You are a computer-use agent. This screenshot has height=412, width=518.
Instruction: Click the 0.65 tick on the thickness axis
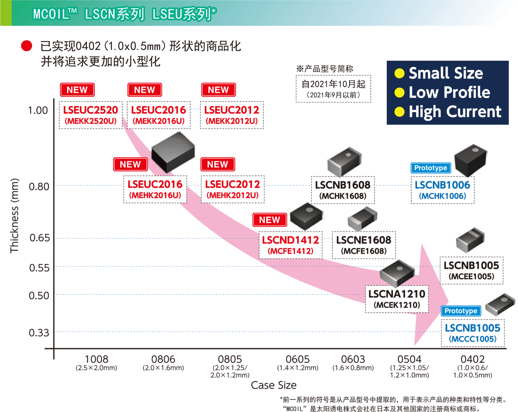[x=40, y=238]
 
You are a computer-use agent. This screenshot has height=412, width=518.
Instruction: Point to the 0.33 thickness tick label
[x=39, y=333]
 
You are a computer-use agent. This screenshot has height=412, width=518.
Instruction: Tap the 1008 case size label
[x=96, y=359]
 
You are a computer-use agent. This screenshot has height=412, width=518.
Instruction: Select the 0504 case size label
[x=409, y=359]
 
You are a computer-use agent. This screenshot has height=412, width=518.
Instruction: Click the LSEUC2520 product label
[x=90, y=110]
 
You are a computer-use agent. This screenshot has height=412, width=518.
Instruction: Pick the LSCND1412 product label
[x=290, y=240]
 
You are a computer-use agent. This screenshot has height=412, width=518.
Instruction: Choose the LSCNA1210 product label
[x=397, y=294]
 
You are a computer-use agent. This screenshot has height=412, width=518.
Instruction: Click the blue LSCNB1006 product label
[x=442, y=185]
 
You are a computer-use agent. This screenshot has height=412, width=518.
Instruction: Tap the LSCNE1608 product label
[x=363, y=240]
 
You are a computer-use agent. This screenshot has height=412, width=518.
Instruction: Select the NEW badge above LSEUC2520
[x=77, y=90]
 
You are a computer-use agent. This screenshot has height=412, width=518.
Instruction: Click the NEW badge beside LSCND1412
[x=270, y=220]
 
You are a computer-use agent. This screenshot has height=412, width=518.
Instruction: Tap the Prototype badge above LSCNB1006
[x=431, y=168]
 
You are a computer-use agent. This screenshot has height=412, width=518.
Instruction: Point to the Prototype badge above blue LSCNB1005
[x=461, y=311]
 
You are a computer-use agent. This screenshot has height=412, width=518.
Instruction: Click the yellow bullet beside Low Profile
[x=399, y=93]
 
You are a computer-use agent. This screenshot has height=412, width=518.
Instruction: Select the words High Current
[x=455, y=112]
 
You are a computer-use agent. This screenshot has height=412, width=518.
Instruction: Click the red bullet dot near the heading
[x=26, y=46]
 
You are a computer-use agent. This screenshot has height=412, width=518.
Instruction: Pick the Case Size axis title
[x=274, y=385]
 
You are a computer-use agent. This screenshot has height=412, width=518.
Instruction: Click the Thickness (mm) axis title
[x=14, y=216]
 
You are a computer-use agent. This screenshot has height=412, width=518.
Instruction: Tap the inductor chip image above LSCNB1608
[x=344, y=162]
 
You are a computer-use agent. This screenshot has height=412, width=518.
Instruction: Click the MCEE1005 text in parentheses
[x=472, y=276]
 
